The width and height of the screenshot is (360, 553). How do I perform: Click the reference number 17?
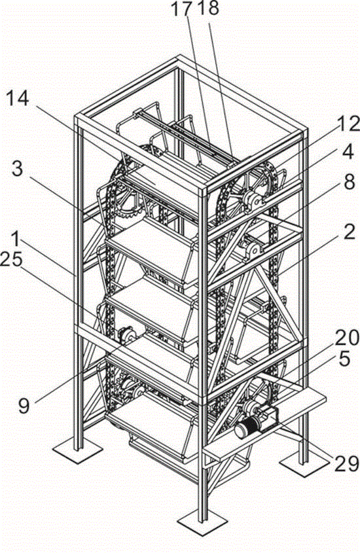click(183, 9)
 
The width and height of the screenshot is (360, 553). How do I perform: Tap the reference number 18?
click(208, 9)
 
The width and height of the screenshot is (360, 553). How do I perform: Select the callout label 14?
click(18, 99)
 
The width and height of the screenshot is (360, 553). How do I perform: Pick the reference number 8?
click(349, 183)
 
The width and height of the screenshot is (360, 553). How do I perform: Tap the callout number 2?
click(349, 233)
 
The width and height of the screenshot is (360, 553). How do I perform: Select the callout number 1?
click(15, 239)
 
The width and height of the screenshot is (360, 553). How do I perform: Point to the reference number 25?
click(12, 260)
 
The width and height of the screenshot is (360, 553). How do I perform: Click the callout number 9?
click(24, 406)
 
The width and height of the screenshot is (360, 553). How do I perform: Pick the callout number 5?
click(344, 359)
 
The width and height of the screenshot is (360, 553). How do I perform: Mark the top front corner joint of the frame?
click(204, 190)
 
